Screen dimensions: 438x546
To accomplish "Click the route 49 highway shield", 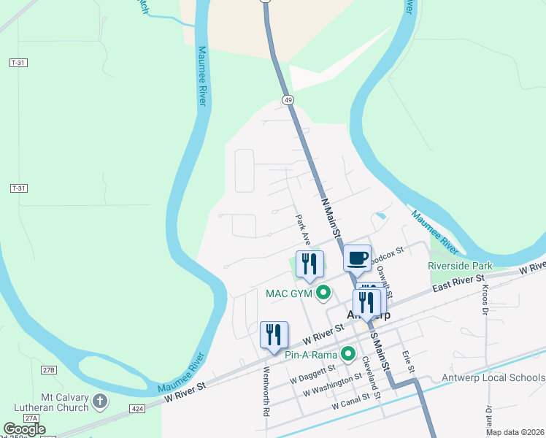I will (289, 99).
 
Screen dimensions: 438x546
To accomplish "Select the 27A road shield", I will (31, 418).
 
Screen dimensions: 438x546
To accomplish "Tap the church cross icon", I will (101, 401).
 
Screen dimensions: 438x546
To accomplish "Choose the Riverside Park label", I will (460, 266).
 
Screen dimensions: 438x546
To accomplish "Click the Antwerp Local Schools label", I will (493, 377).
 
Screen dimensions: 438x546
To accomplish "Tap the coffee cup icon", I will (358, 258).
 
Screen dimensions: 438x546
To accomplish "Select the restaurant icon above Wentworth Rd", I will (274, 335).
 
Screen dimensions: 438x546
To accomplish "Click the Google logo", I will (24, 429).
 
